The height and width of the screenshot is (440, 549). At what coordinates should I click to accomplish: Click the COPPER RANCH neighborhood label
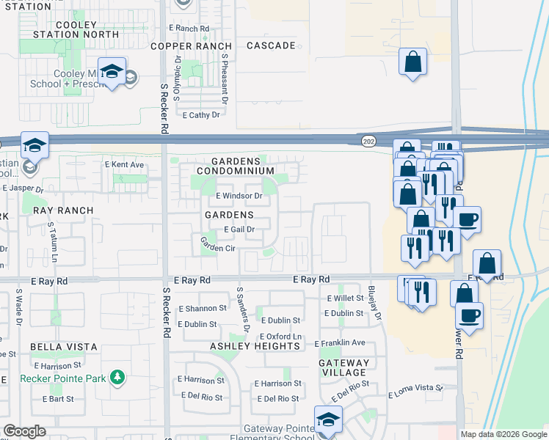click(x=191, y=45)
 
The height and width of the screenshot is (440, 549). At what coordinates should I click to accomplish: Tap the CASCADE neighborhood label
click(x=271, y=45)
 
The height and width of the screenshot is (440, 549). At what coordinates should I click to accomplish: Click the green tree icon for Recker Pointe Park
click(x=117, y=378)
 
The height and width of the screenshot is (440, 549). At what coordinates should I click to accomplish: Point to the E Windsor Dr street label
click(x=239, y=196)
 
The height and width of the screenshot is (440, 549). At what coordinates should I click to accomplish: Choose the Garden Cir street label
click(x=218, y=249)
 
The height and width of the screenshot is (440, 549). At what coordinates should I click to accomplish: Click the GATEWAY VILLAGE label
click(x=343, y=367)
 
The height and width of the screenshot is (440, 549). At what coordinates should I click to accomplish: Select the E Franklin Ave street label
click(x=339, y=342)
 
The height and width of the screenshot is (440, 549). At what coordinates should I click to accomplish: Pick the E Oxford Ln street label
click(x=280, y=337)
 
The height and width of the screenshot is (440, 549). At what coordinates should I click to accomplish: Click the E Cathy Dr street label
click(x=201, y=115)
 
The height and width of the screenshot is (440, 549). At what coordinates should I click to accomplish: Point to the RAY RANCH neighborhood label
click(x=63, y=210)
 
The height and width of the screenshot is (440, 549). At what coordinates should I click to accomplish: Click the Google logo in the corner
click(x=24, y=431)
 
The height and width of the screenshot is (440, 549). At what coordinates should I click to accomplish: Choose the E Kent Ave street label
click(x=124, y=164)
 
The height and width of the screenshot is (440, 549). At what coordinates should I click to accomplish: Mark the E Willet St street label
click(x=345, y=298)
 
